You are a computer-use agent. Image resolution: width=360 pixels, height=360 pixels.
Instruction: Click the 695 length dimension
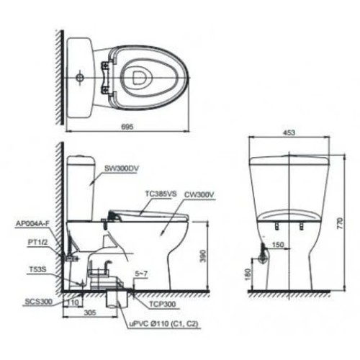(x=127, y=126)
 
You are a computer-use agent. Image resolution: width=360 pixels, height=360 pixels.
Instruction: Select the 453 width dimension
(x=288, y=132)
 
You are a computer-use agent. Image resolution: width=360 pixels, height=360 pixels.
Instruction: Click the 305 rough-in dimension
(x=89, y=312)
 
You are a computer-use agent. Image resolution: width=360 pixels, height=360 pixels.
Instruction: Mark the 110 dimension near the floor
(x=73, y=302)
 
